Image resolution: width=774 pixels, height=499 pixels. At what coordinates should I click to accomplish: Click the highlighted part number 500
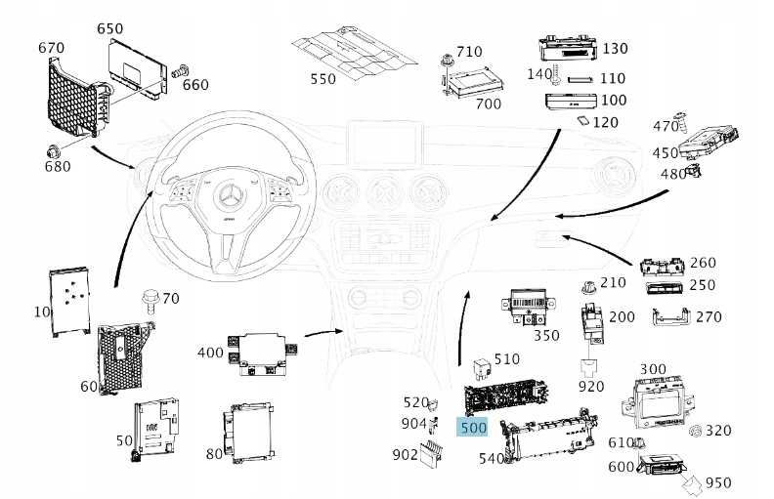pos(473,427)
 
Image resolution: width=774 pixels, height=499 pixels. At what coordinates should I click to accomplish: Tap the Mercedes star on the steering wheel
pos(230,195)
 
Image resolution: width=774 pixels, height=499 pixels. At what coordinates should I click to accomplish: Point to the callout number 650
pos(110,28)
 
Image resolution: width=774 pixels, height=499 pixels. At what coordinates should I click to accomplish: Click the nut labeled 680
pos(53,152)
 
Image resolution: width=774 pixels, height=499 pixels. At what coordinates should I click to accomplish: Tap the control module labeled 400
pos(263,353)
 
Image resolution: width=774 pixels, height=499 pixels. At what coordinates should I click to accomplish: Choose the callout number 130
pos(615,48)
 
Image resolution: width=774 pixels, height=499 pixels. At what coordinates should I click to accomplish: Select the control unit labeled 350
pos(529,307)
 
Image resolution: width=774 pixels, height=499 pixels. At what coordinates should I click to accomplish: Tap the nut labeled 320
pos(696,431)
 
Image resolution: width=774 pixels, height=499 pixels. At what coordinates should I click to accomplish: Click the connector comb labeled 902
pos(431,454)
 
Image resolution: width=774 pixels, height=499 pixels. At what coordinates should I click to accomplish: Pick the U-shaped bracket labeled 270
pos(670,317)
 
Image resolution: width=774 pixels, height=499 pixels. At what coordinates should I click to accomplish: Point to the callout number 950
pos(718,482)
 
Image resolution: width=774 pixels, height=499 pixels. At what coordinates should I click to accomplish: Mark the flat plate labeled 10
pos(69,303)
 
